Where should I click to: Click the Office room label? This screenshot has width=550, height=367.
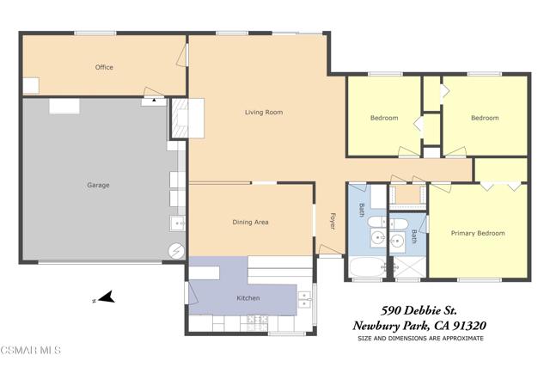point(104,67)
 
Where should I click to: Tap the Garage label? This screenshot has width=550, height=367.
point(98,185)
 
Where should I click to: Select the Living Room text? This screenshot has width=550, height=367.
point(264,113)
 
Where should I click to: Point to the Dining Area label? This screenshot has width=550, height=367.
point(250,222)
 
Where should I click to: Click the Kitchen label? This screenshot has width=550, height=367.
point(248,298)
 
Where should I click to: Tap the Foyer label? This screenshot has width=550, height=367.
point(333,222)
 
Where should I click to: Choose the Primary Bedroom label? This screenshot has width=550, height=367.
point(478,233)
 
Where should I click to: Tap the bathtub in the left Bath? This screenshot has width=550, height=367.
point(367,267)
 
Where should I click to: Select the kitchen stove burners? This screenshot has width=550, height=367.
point(257,323)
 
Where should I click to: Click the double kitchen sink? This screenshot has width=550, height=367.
point(304,300)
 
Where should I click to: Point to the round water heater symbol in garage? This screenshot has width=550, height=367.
point(176,250)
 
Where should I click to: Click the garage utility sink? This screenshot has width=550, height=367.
point(178,223)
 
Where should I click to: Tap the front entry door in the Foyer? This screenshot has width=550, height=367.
point(330,250)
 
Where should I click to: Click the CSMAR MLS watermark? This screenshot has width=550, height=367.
point(31,350)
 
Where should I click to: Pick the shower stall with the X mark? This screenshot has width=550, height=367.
point(409,267)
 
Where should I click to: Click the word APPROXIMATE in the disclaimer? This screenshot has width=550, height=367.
point(463,339)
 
